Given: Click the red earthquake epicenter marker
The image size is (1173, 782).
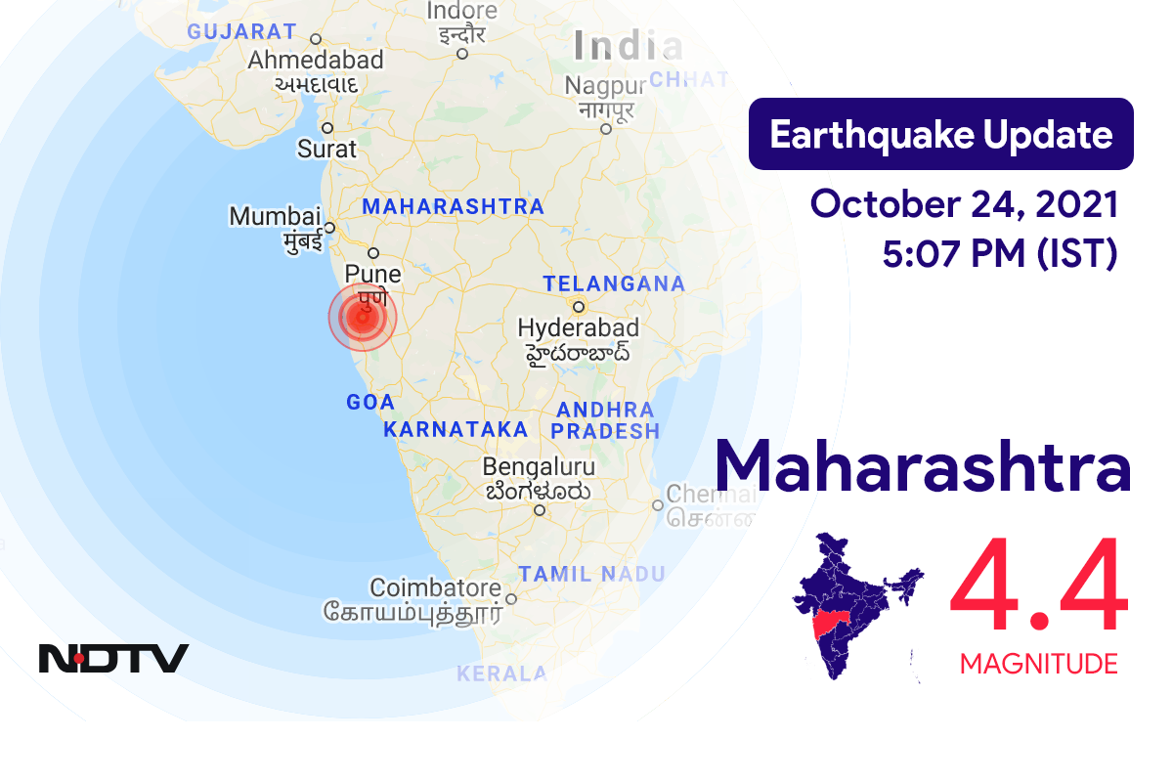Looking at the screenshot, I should (x=363, y=317).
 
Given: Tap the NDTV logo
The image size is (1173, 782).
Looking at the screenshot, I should (x=113, y=658).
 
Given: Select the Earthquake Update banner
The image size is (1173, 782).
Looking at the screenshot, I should (x=940, y=134).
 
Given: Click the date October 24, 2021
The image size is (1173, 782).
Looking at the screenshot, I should (x=964, y=205).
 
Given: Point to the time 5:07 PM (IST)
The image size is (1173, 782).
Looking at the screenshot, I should (x=999, y=254).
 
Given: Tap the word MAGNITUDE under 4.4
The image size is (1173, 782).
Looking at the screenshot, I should (x=1038, y=665).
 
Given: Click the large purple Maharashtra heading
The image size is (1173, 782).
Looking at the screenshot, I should (x=923, y=467).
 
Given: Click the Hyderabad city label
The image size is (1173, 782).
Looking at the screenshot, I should (x=579, y=327).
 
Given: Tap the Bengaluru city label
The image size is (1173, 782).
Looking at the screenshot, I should (x=539, y=467).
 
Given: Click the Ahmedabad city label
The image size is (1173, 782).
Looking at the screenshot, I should (x=316, y=60).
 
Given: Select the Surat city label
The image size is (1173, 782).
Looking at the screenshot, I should (x=327, y=151).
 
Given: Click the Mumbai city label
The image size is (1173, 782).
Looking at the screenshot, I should (x=276, y=216).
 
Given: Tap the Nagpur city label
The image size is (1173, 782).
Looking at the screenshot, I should (x=605, y=86).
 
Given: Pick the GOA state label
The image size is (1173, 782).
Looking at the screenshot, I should (x=370, y=402).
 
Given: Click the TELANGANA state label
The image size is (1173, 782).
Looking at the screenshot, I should (x=614, y=283).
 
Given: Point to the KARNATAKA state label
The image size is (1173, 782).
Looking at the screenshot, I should (x=456, y=429).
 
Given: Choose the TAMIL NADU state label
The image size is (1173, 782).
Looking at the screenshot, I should (x=591, y=574).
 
